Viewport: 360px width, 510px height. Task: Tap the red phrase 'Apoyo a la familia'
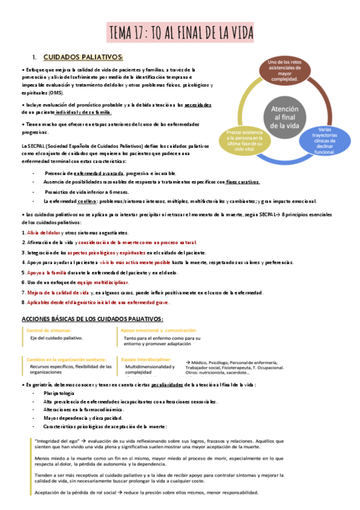pyautogui.click(x=46, y=272)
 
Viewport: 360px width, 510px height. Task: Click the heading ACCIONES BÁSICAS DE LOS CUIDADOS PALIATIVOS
pyautogui.click(x=92, y=319)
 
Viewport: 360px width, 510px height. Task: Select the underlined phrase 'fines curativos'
pyautogui.click(x=243, y=182)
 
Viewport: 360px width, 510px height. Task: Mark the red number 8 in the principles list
pyautogui.click(x=23, y=302)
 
